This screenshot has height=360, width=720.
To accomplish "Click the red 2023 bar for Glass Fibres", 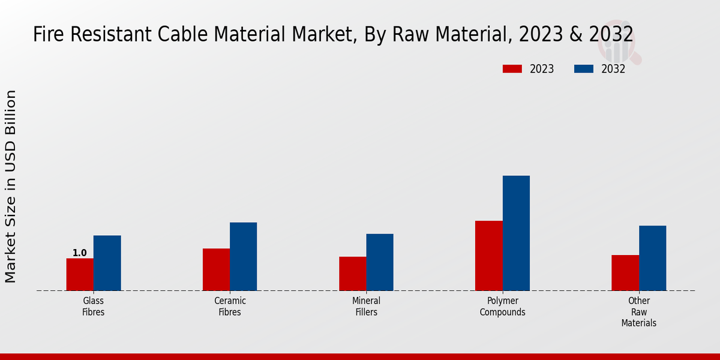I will [80, 274].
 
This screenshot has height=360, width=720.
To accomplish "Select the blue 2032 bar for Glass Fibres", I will [107, 263].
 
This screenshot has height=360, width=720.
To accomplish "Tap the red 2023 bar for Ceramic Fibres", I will [216, 269].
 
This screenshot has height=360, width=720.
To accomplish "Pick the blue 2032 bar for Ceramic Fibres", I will [243, 256].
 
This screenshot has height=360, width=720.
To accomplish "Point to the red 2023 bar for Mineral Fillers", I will [352, 274].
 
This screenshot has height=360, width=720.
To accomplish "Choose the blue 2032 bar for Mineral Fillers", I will [380, 262].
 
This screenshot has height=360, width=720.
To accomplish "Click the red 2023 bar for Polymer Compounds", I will [488, 256].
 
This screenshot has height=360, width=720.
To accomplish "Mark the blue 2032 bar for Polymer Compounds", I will [516, 233].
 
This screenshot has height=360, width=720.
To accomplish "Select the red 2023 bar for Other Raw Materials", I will [625, 272].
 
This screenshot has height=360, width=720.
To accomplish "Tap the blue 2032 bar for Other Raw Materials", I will [652, 258].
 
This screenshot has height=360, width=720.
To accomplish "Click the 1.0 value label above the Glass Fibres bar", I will [79, 253].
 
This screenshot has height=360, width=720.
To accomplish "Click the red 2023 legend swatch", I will [512, 69].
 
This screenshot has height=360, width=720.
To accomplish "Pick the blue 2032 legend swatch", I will [584, 69].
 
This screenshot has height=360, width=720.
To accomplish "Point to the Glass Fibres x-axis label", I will [94, 307].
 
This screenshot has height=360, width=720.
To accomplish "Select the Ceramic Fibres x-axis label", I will [230, 307].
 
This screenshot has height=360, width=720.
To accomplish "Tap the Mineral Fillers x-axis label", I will [366, 307].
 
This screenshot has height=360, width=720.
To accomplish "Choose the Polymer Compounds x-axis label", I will [503, 307].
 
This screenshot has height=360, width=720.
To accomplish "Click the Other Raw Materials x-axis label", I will [639, 312].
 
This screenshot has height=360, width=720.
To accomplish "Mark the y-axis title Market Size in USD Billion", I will [11, 186].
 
